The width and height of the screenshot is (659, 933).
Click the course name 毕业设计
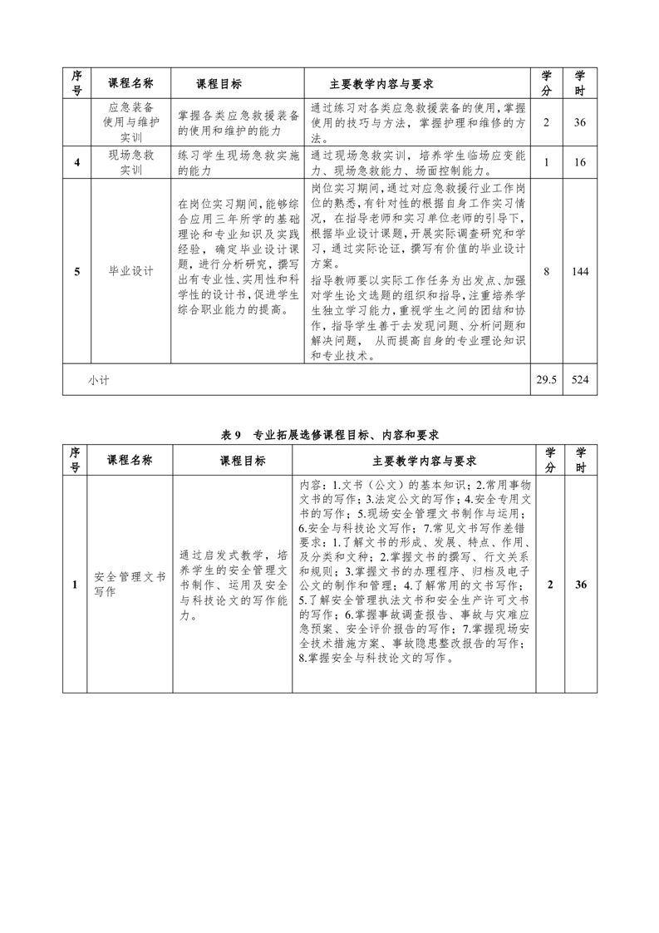coord(130,271)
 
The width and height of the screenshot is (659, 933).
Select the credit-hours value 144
coord(580,271)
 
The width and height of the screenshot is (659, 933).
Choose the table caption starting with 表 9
coord(329,434)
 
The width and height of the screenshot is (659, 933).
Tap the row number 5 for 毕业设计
coord(76,271)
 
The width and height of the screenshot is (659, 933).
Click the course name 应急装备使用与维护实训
coord(130,122)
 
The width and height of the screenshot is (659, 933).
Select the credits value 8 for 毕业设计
coord(546,271)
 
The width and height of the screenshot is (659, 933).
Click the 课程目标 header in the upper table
coord(219,84)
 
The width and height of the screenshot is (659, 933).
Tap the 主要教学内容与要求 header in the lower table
coord(413,461)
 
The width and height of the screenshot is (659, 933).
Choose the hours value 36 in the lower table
coord(580,585)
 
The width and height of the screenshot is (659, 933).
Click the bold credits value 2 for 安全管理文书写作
coord(549,585)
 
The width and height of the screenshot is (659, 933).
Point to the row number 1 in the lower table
coord(75,585)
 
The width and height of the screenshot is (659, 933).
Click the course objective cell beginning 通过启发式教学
coord(234,585)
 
